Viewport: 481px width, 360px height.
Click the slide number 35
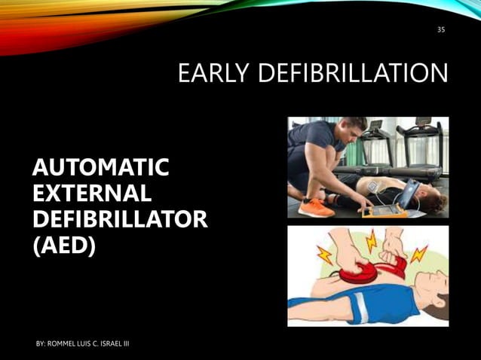(441, 30)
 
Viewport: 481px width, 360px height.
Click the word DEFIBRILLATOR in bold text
(119, 219)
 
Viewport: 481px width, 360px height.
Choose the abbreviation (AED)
(64, 246)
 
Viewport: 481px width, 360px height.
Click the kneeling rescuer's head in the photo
(351, 128)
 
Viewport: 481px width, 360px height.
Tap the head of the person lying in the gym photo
(431, 197)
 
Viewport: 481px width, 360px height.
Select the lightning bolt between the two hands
(372, 242)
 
